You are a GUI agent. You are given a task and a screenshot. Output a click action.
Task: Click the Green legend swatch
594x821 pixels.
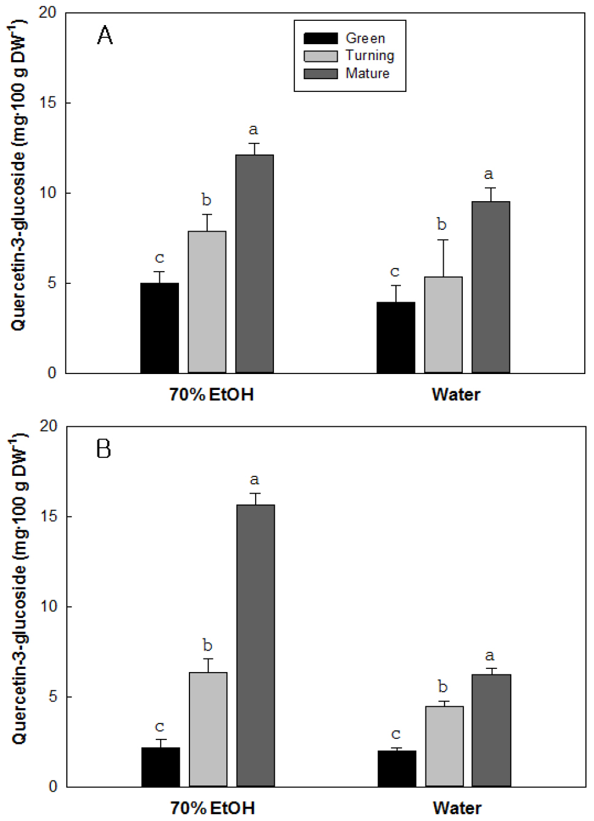pos(320,39)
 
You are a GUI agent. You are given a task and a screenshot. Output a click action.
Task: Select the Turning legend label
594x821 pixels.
pos(370,56)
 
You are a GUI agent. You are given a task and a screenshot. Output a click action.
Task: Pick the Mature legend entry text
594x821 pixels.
pos(367,74)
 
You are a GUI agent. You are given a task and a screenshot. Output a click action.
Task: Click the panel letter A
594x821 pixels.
pos(105,36)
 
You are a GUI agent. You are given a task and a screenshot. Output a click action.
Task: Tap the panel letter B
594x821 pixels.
pos(104,449)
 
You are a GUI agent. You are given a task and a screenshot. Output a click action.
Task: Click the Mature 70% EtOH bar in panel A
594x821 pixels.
pos(254,264)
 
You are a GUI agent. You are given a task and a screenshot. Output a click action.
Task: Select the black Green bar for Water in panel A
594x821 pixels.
pos(395,337)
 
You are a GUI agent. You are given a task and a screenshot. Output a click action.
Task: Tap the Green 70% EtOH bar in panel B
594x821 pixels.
pos(161,766)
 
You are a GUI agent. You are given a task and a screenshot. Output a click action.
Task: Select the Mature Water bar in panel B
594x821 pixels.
pos(491,730)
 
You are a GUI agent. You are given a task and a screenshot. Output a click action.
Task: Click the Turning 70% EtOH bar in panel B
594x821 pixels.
pos(208,729)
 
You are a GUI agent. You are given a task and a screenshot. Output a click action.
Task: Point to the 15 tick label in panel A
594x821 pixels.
pos(47,103)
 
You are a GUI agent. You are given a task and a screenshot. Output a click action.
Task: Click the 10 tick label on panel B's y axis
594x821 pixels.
pos(48,606)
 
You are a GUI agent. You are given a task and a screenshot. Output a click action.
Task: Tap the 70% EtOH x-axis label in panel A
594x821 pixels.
pos(211,394)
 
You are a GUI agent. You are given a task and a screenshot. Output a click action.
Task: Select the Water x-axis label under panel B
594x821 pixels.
pos(457,808)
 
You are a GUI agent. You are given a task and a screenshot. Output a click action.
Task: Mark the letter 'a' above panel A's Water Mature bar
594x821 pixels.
pos(489,175)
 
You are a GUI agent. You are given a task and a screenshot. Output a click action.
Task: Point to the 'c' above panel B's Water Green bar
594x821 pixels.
pos(395,734)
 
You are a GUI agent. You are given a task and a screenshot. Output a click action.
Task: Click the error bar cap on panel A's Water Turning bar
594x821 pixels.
pos(443,240)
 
